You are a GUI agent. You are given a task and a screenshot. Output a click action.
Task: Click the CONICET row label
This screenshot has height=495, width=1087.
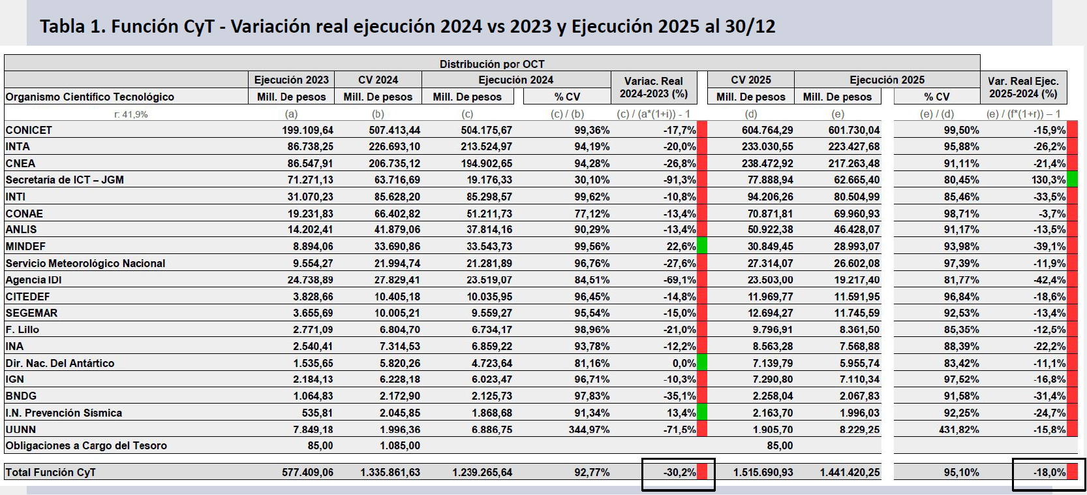click(x=29, y=130)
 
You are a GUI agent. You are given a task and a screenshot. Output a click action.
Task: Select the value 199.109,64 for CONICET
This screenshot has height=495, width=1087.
click(x=307, y=130)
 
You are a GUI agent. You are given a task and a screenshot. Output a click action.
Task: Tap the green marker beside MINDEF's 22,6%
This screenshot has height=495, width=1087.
click(x=702, y=246)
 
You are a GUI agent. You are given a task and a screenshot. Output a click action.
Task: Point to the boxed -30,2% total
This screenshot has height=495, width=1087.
click(x=680, y=472)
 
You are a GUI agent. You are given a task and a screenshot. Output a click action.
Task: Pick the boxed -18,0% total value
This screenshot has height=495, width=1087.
click(x=1049, y=472)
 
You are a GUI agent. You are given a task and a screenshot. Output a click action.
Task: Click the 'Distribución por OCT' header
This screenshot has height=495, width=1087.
click(x=491, y=64)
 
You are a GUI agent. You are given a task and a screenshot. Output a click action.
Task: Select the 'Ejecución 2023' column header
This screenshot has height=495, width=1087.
click(x=291, y=80)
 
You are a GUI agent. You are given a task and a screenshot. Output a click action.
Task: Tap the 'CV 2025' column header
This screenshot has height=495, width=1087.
click(x=750, y=80)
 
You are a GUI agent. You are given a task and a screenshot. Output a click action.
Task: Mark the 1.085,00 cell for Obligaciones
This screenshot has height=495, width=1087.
click(x=400, y=445)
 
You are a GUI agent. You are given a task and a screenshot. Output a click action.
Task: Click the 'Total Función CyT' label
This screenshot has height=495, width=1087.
click(x=51, y=472)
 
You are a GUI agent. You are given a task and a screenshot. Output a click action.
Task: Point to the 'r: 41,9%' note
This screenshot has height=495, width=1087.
click(x=130, y=114)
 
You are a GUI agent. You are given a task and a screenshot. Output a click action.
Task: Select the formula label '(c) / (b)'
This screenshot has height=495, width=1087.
click(x=567, y=114)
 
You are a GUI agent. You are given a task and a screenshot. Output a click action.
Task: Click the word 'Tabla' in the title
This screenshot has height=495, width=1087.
click(x=63, y=26)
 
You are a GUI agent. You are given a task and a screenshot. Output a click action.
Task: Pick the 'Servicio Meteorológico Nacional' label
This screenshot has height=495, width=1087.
click(x=85, y=263)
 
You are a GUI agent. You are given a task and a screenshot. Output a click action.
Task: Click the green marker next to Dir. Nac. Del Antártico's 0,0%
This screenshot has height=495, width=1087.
click(x=702, y=363)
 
